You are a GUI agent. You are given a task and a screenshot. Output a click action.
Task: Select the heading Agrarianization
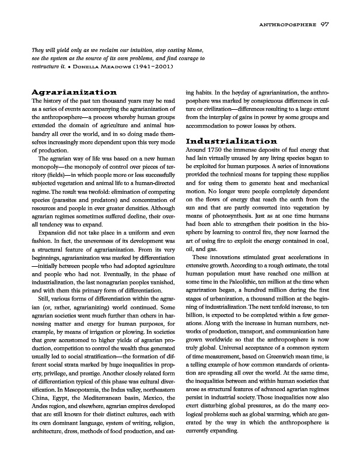[74, 92]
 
